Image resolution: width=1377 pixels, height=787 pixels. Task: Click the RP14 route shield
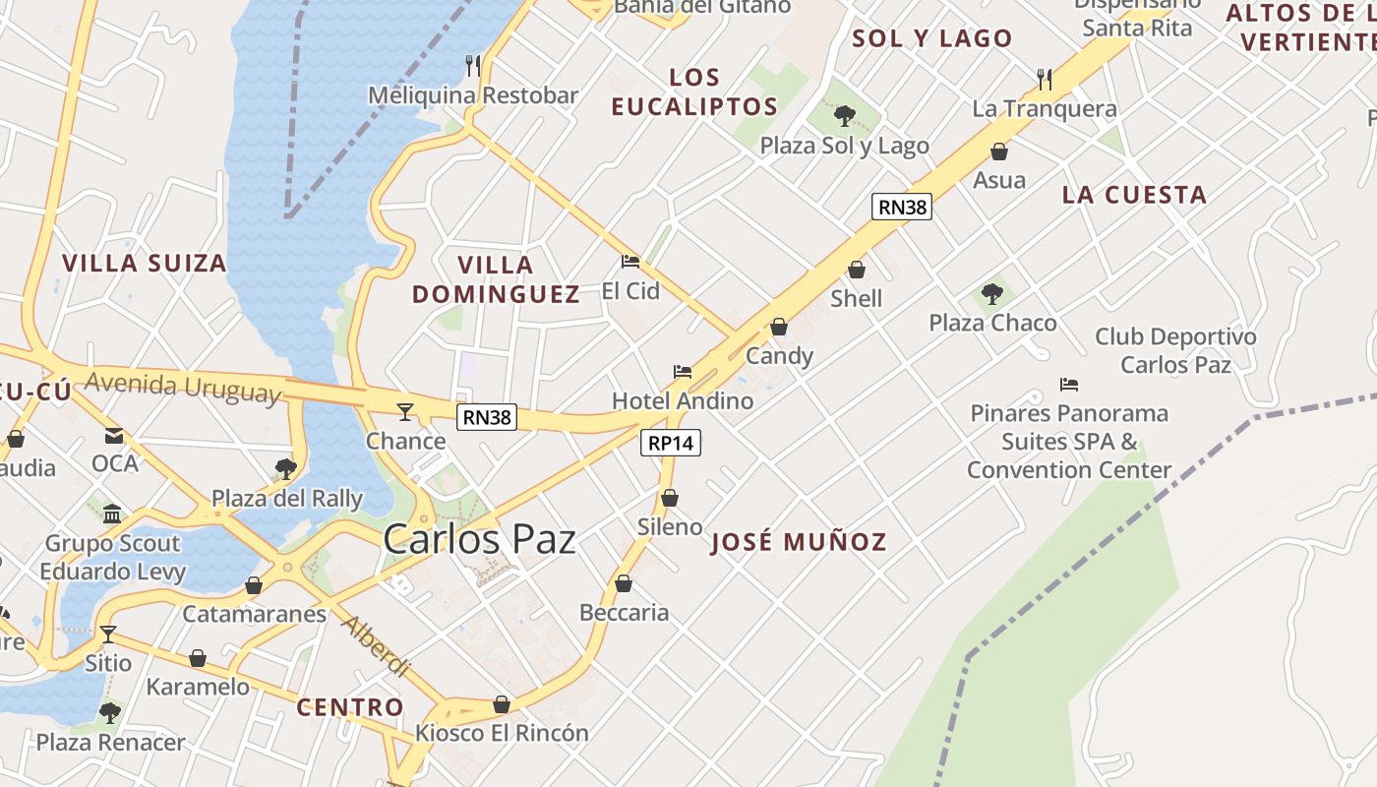coord(672,443)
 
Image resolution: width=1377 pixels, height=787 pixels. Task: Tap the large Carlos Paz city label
coord(479,539)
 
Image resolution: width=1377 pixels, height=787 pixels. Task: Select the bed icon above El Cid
coord(630,262)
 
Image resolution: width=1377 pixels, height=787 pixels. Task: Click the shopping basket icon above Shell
coord(857,270)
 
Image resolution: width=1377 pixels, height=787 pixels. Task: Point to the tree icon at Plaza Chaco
coord(992,293)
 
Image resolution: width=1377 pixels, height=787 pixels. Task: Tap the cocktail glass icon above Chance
coord(405,411)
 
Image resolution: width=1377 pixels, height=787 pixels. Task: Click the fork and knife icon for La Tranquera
coord(1045,78)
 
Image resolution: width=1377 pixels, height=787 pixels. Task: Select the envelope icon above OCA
coord(114,435)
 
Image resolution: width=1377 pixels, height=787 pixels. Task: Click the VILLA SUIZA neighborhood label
coord(145,264)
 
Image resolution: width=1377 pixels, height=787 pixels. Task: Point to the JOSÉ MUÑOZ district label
coord(799,542)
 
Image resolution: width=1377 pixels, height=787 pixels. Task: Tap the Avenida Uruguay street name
coord(183,387)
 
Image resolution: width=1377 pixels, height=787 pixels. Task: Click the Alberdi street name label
coord(375,645)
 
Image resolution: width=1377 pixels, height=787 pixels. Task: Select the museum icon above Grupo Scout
coord(112,514)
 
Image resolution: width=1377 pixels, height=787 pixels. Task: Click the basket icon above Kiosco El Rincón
coord(502,704)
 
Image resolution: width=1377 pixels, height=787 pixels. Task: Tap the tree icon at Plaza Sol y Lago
coord(844,116)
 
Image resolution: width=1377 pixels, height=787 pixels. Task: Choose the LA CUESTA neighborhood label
coord(1134,195)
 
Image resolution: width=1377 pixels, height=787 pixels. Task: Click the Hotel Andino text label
coord(683,401)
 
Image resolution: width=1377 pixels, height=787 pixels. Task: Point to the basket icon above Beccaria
coord(624,583)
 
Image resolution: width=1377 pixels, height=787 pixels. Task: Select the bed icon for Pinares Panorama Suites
coord(1069,384)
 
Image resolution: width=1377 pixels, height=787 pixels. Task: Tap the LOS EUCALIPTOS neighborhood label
coord(694,91)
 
